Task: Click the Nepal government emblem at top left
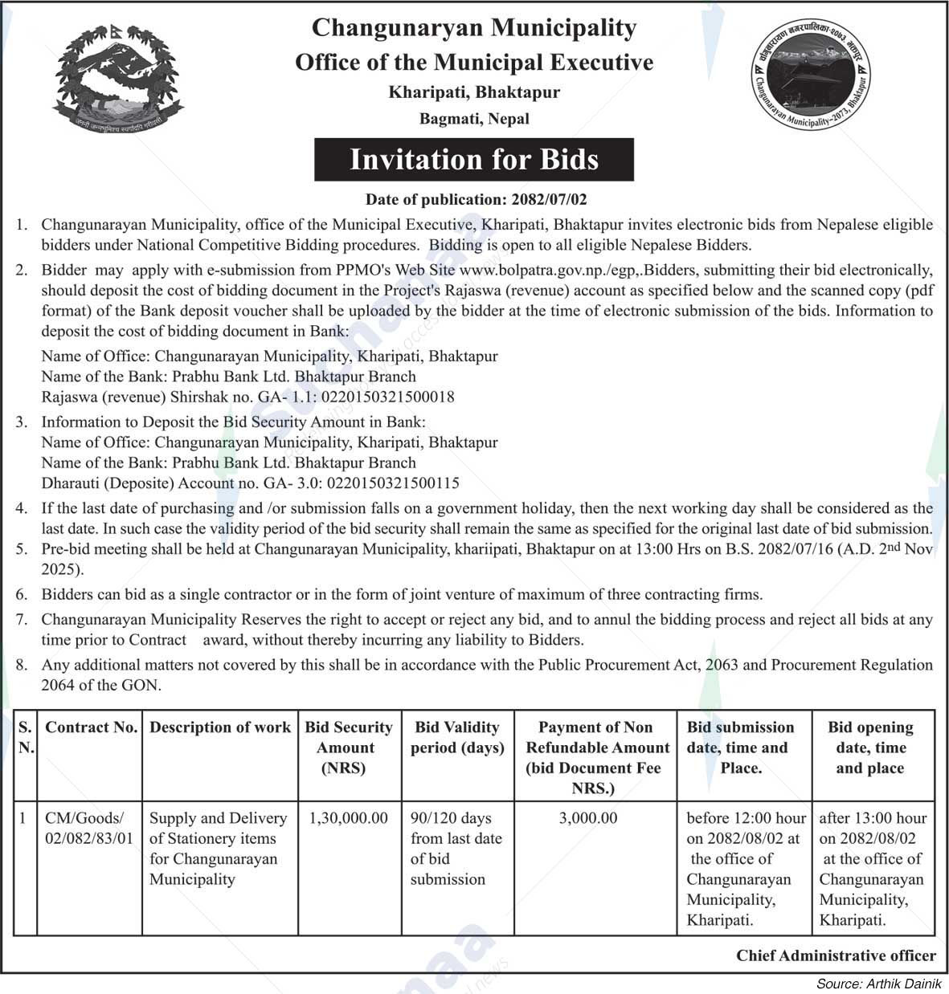pyautogui.click(x=117, y=77)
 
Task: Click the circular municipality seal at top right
pyautogui.click(x=812, y=77)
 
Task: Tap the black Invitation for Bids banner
pyautogui.click(x=473, y=160)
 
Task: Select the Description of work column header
pyautogui.click(x=219, y=727)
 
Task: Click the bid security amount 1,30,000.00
pyautogui.click(x=348, y=818)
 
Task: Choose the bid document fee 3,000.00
pyautogui.click(x=588, y=818)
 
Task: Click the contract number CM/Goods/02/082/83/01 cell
pyautogui.click(x=88, y=829)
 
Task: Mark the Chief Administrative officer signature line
pyautogui.click(x=836, y=955)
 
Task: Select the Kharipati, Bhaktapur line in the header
pyautogui.click(x=474, y=92)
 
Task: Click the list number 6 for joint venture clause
pyautogui.click(x=22, y=595)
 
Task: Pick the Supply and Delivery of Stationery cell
pyautogui.click(x=218, y=848)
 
